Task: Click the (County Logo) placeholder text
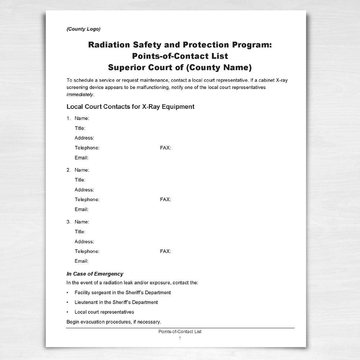83,29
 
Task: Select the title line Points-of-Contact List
180,56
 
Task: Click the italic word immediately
80,95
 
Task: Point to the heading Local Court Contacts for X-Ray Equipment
130,107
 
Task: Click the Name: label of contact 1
82,118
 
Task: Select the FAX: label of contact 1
165,148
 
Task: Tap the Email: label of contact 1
81,158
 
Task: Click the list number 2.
68,170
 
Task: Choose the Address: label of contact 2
84,190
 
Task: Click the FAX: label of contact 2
165,199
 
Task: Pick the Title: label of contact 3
80,231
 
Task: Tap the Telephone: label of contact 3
87,251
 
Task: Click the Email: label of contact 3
81,261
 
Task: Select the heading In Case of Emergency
95,274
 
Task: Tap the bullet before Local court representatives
68,312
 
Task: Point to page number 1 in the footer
180,338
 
